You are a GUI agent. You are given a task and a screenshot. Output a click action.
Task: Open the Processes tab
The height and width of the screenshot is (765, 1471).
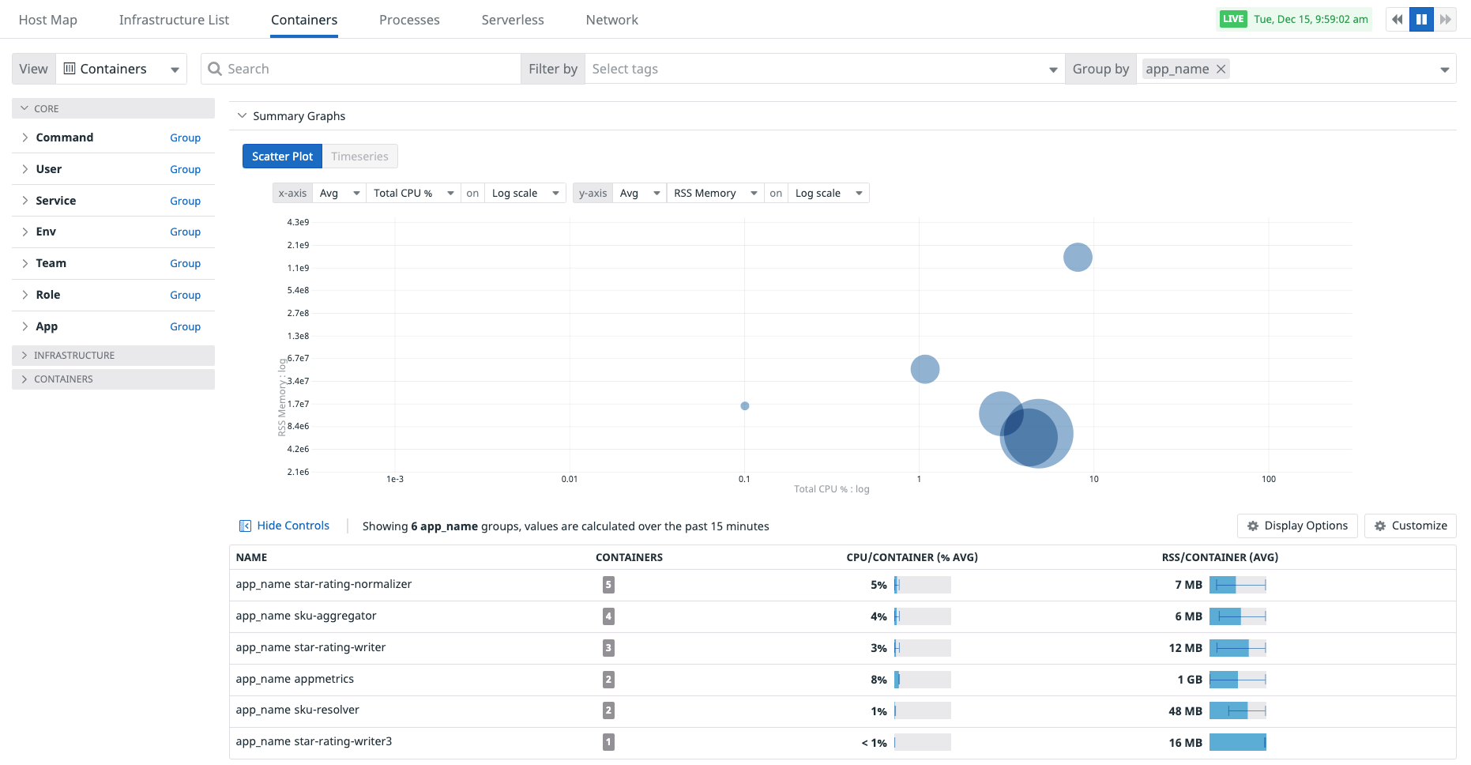(409, 20)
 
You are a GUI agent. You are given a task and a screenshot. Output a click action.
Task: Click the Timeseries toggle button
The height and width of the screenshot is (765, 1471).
(359, 156)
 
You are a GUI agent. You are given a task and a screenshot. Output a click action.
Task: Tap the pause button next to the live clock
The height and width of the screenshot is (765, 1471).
(1421, 20)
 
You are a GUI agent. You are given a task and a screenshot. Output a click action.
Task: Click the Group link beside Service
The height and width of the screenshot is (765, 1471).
(185, 201)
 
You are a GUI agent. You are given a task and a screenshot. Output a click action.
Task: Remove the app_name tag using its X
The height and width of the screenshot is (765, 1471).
(1221, 69)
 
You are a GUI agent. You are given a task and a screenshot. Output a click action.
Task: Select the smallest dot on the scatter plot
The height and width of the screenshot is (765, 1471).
(745, 406)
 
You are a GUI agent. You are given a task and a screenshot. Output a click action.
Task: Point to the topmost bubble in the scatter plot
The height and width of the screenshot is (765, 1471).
(1078, 257)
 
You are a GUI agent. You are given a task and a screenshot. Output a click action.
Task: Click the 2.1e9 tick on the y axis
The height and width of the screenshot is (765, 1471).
(298, 245)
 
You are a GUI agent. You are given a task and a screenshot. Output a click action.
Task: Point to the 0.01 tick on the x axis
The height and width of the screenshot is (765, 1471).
(570, 479)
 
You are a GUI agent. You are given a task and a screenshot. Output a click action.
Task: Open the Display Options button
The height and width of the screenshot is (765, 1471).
(1297, 526)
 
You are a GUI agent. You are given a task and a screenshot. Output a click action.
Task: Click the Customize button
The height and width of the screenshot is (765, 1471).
(1410, 526)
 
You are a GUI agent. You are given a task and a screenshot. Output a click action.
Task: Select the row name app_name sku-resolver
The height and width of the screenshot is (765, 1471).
(298, 710)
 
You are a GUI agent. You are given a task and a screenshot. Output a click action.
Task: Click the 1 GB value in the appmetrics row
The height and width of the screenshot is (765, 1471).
(1189, 680)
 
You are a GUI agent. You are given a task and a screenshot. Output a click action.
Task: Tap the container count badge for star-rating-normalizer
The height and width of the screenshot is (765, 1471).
(608, 585)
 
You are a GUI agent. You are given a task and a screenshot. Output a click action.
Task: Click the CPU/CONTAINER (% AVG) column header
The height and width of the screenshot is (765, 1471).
(912, 557)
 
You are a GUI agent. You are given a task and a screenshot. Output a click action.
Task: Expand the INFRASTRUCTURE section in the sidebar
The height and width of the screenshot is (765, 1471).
(74, 356)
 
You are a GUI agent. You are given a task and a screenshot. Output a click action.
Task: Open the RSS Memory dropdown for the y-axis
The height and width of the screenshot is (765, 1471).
(715, 193)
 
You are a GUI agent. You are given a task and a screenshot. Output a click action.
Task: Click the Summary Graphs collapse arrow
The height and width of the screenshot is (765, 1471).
(242, 115)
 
